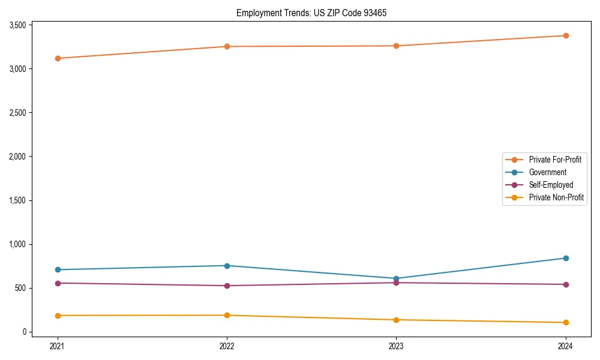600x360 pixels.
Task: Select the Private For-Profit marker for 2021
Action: tap(58, 58)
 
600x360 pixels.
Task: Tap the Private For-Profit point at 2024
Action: tap(566, 35)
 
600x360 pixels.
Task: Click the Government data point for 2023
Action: tap(396, 278)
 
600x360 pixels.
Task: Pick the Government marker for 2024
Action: tap(566, 258)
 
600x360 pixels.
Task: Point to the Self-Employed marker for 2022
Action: tap(227, 286)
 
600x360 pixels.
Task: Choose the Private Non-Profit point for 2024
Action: tap(566, 323)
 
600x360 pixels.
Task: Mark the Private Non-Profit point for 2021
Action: tap(58, 316)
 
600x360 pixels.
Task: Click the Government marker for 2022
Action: tap(227, 266)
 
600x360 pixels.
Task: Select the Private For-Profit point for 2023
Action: tap(396, 46)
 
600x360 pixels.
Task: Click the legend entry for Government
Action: tap(547, 172)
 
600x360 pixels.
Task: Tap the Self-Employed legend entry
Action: tap(551, 185)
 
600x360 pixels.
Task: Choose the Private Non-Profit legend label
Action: tap(556, 197)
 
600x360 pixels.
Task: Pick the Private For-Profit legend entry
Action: tap(555, 160)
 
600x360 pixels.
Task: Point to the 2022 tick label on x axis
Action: tap(227, 346)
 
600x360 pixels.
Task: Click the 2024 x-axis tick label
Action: tap(566, 346)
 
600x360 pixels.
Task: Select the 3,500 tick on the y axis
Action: tap(18, 25)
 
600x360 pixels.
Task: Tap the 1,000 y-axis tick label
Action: tap(18, 244)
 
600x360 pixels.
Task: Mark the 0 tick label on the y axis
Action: tap(25, 332)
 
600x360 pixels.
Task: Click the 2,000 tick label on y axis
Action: tap(18, 157)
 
